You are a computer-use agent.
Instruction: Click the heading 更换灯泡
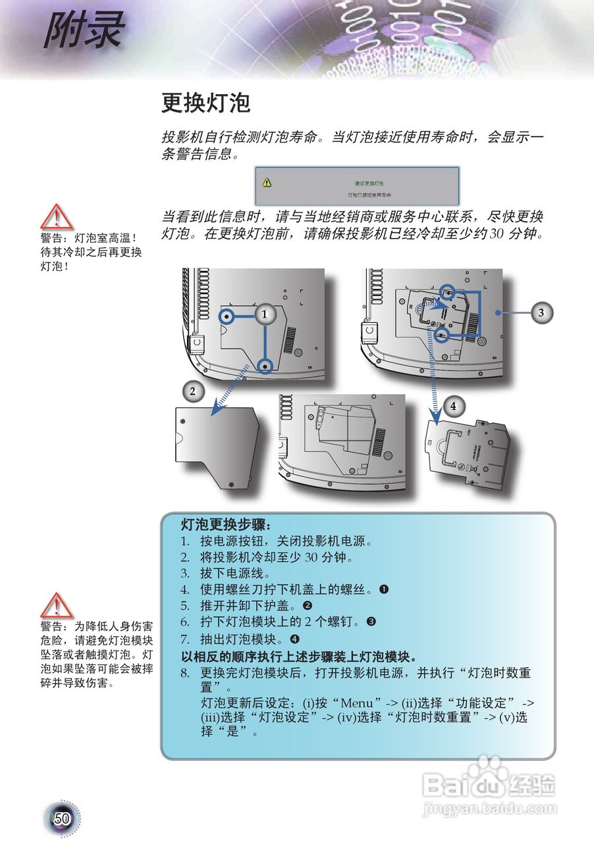click(206, 103)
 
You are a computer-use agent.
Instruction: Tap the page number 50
click(63, 819)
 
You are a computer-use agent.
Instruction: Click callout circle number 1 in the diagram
click(264, 314)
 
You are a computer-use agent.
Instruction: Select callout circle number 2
click(192, 392)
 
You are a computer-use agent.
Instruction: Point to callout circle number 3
click(541, 313)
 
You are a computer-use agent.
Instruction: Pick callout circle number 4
click(453, 407)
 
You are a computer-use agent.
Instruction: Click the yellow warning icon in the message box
click(266, 182)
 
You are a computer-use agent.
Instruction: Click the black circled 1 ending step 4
click(384, 589)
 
